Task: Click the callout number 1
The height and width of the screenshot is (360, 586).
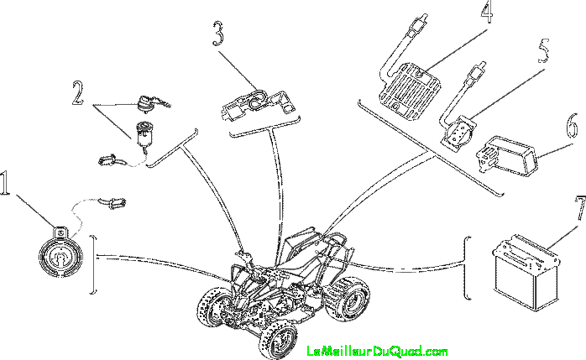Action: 4,183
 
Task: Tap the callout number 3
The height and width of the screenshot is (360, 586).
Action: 218,34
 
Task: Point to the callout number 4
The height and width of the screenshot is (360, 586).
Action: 486,11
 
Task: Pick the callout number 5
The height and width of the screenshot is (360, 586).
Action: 544,50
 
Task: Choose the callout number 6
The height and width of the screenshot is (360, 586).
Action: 573,127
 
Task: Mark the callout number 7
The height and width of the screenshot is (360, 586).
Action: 580,207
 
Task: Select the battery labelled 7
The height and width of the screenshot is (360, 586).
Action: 526,273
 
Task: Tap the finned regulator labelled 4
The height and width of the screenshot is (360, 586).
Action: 410,91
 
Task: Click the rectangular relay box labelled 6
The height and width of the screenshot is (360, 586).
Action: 508,155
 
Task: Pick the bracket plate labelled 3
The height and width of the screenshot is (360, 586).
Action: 258,102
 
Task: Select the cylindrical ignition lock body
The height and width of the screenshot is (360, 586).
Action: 144,134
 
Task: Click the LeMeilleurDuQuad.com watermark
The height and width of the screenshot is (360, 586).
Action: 377,351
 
